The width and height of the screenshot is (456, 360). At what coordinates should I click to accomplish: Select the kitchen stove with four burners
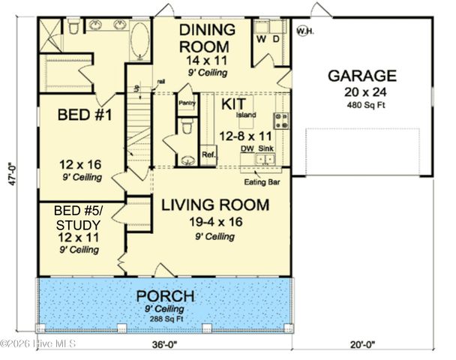click(x=283, y=119)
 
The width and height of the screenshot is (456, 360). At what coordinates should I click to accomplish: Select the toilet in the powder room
click(x=187, y=128)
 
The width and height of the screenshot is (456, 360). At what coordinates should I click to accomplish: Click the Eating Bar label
click(x=260, y=181)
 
